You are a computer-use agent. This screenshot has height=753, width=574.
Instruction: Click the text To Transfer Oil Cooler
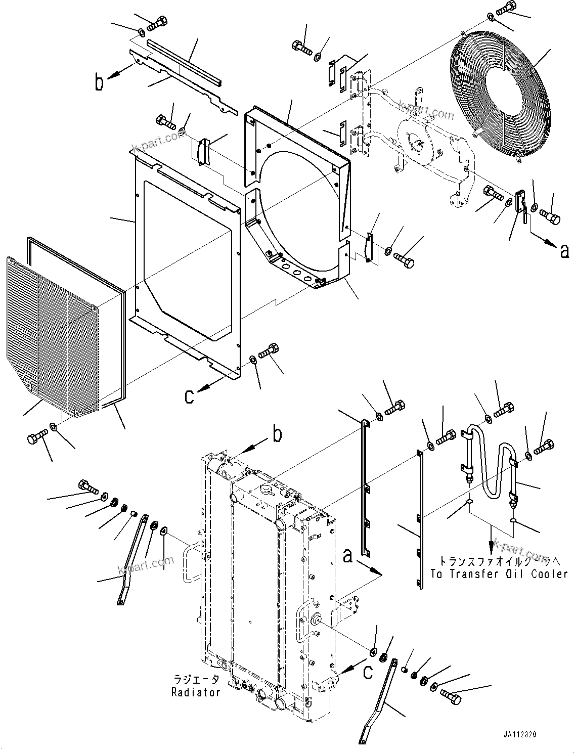click(499, 574)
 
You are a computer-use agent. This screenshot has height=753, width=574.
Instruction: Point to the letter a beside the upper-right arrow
click(564, 251)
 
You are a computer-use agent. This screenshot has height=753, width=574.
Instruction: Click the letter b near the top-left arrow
click(99, 82)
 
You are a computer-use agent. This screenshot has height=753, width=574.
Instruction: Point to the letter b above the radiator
click(277, 434)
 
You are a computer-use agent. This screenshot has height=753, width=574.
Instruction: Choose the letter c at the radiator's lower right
click(369, 672)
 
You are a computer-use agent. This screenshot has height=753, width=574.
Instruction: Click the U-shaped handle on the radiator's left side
click(193, 561)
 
